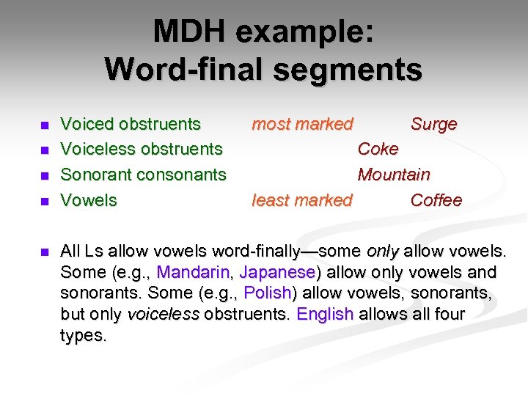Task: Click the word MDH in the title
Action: (189, 32)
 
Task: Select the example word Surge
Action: (433, 125)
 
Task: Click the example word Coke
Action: (378, 150)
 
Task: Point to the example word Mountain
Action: (394, 175)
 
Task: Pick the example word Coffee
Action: (436, 200)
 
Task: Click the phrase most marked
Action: (302, 125)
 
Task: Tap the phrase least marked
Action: (302, 200)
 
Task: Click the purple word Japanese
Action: (277, 273)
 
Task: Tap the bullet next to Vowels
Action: (44, 201)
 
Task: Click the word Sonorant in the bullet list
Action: (93, 175)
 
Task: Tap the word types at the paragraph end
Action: (83, 337)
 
